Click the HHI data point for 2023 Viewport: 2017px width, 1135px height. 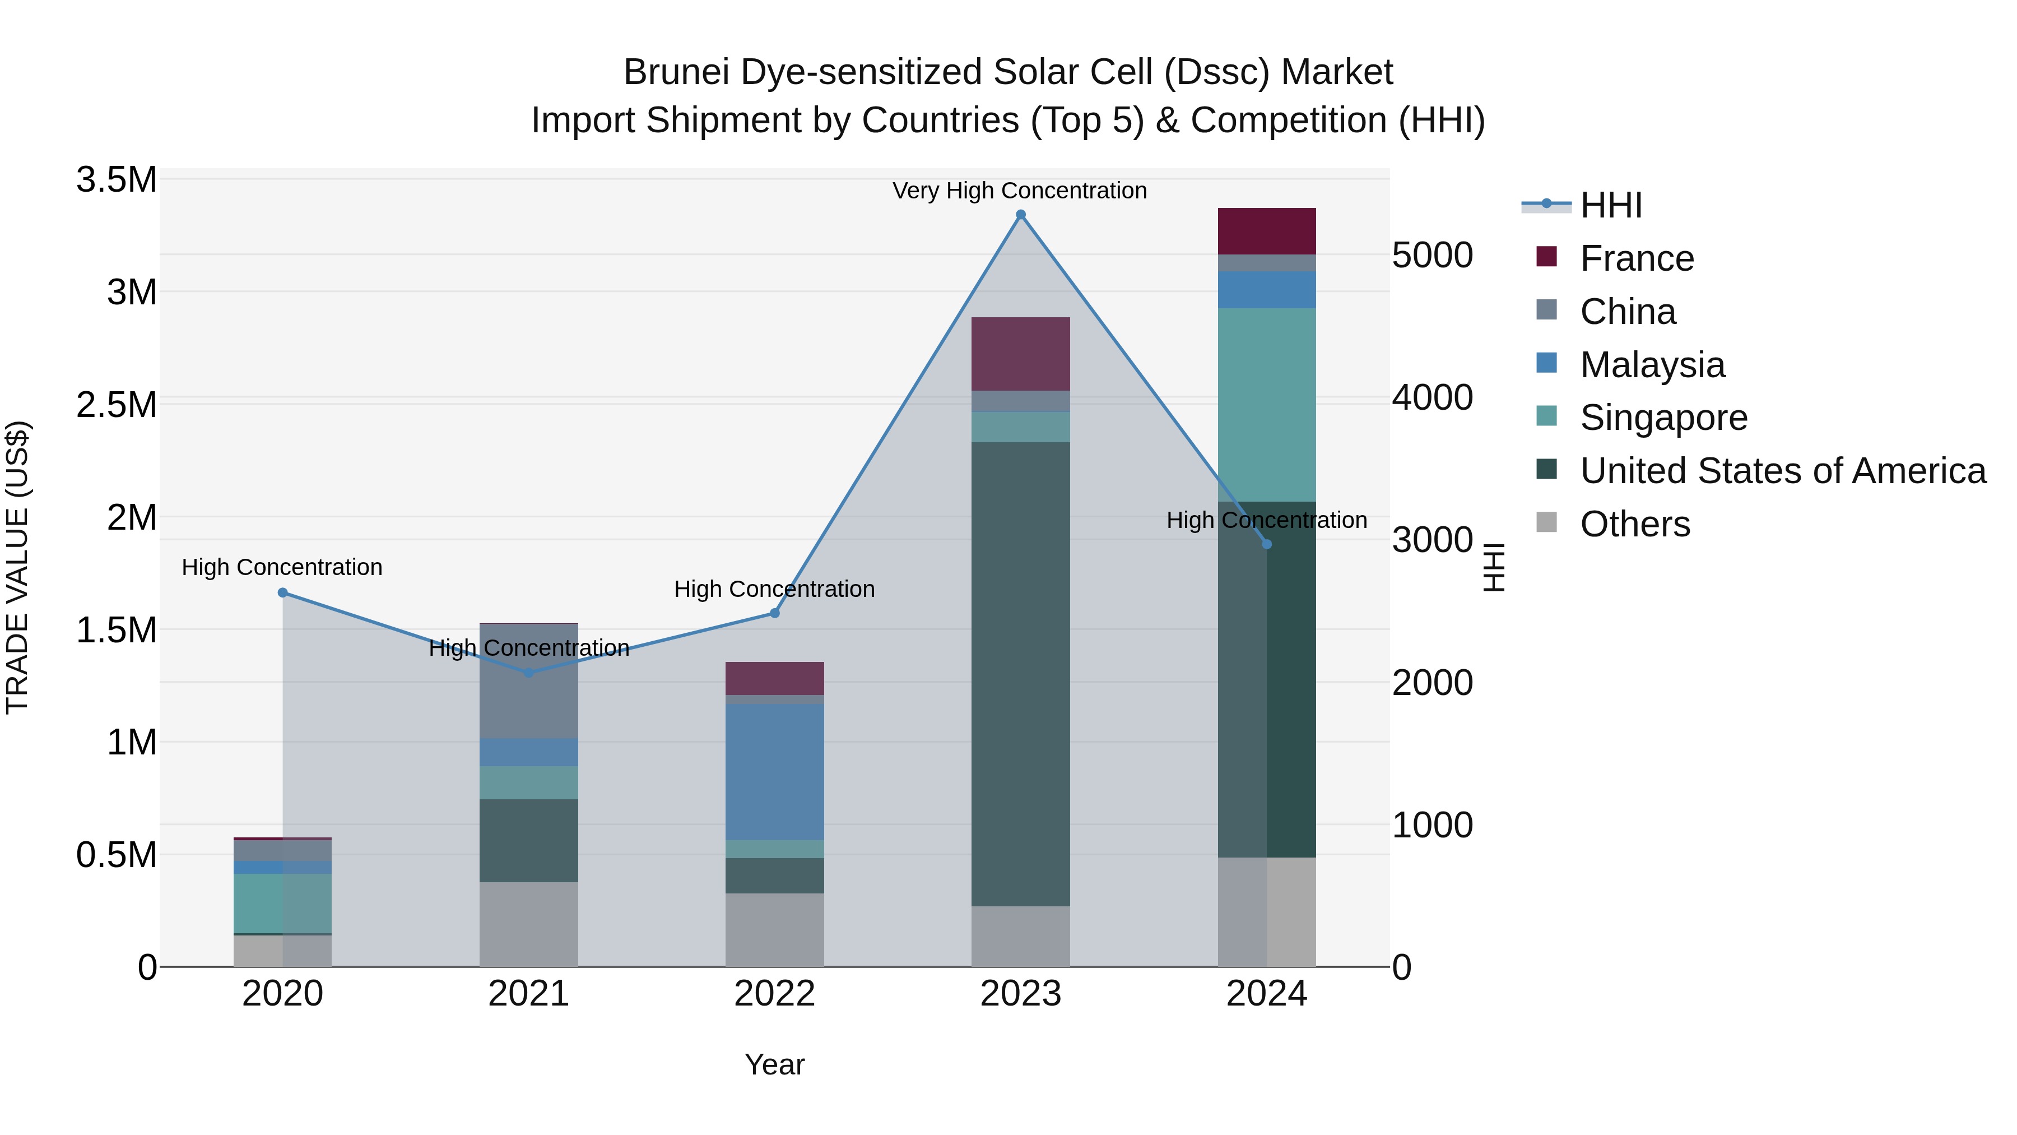1020,215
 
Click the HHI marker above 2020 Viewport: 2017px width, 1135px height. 283,593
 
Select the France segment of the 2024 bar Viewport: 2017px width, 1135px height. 1266,231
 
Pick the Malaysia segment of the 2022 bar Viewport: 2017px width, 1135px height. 774,772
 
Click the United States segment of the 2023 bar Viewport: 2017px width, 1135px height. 1020,674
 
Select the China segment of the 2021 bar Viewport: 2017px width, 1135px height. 528,682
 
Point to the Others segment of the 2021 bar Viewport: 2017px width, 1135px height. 528,924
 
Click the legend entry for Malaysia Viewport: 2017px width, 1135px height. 1652,365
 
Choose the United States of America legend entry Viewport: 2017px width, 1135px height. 1783,471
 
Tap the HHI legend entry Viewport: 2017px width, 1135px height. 1611,205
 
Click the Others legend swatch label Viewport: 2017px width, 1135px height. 1635,524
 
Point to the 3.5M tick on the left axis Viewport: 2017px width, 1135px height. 116,180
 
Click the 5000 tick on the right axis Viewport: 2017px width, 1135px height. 1432,256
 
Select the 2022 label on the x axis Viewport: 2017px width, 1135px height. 774,994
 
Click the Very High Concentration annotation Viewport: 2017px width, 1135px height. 1020,191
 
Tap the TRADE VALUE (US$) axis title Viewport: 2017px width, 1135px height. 17,567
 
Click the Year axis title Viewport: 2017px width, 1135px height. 774,1064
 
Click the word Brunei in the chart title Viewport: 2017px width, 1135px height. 674,72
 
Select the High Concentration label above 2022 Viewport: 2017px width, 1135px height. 774,589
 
